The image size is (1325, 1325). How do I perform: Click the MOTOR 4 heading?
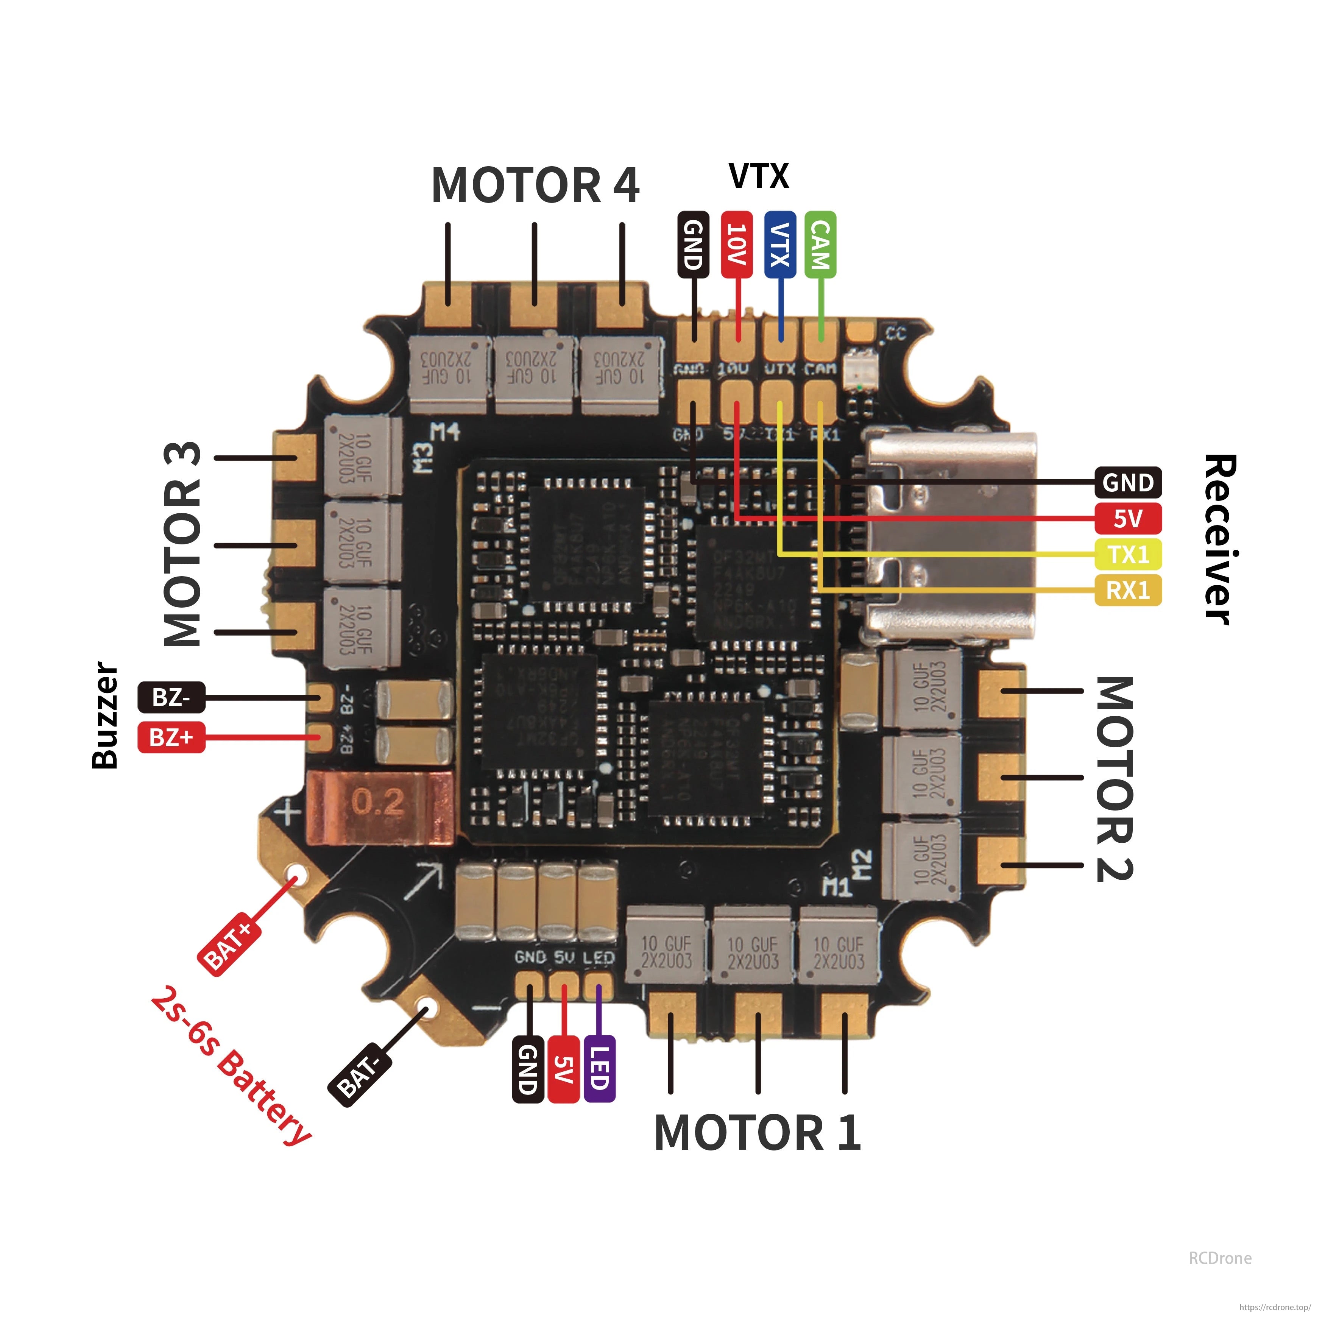[535, 186]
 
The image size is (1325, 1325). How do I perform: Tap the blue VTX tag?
[780, 245]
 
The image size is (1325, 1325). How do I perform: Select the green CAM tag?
[820, 245]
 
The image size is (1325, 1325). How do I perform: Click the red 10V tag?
[737, 245]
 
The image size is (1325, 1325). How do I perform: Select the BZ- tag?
[171, 697]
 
